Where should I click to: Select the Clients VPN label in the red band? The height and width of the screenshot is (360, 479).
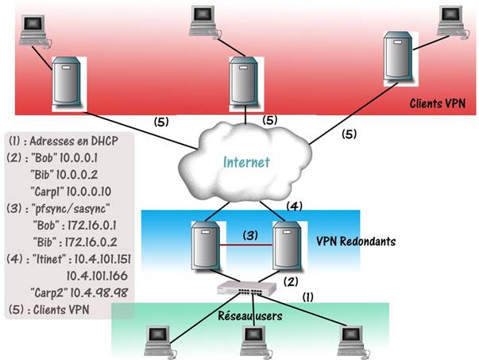coord(438,103)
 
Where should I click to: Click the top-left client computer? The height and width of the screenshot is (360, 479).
coord(34,27)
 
